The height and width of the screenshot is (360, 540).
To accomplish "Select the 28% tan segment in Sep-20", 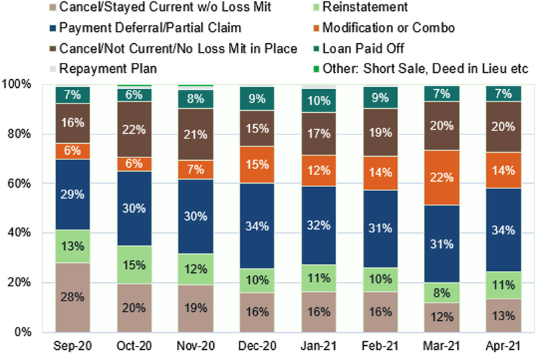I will point(73,297).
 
